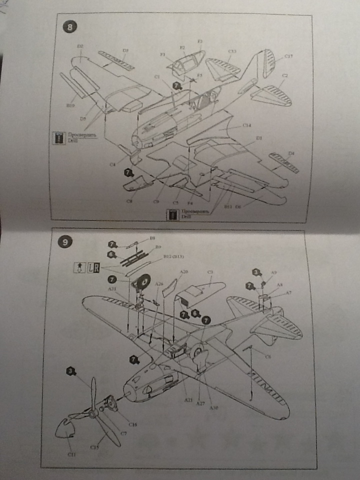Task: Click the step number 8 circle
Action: point(69,26)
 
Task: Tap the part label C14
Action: point(246,124)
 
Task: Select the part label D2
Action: point(80,46)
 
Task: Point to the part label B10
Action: point(70,105)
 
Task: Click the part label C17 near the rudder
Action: point(288,56)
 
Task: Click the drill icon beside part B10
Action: point(59,137)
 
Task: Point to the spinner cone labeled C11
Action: point(66,429)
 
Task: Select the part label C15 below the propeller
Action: point(94,446)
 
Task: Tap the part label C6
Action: point(268,356)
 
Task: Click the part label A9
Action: point(274,272)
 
